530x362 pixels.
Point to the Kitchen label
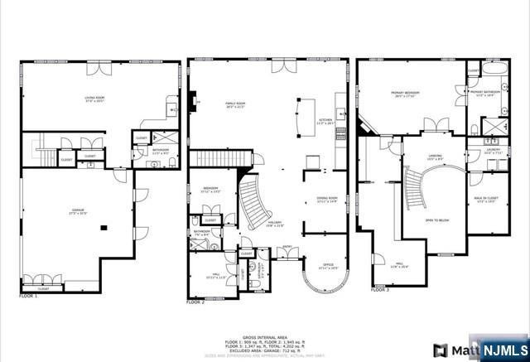325,122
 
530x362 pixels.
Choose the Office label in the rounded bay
328,268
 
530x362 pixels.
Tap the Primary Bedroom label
406,94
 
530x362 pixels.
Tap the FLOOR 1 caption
29,296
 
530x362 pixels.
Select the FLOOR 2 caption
195,303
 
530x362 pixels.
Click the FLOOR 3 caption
379,291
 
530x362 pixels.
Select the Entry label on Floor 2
287,246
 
